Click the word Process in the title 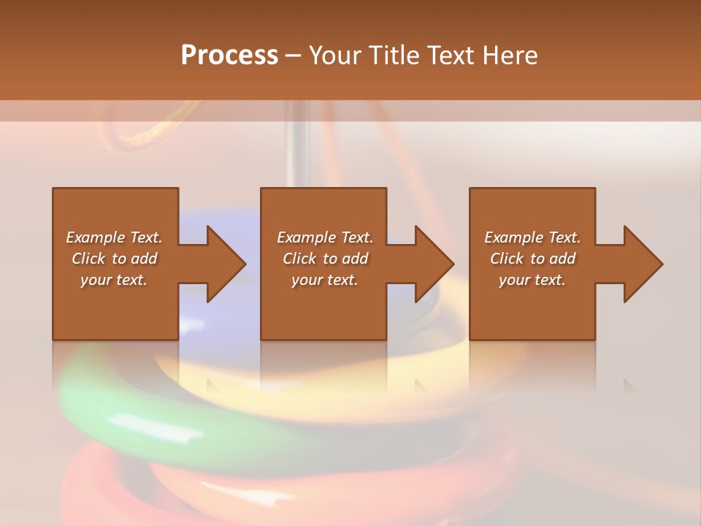tap(229, 56)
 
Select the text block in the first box tap(114, 259)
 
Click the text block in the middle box tap(324, 259)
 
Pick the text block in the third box tap(532, 259)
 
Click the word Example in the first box tap(95, 237)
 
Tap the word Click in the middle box tap(299, 259)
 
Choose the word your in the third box tap(515, 280)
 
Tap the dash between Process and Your tap(294, 56)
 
